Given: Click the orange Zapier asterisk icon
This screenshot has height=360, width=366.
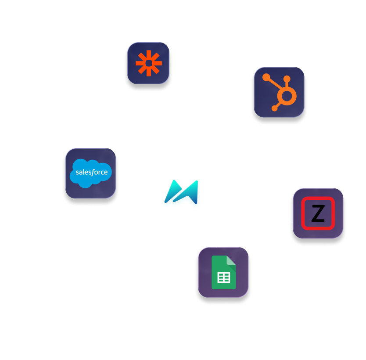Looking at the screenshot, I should click(x=148, y=64).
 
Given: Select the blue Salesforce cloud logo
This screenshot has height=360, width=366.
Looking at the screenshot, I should click(x=90, y=173).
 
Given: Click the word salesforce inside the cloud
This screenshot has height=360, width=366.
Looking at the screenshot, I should click(x=91, y=172).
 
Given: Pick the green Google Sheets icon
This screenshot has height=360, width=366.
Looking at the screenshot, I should click(x=223, y=273).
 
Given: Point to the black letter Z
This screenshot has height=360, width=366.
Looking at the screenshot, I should click(x=318, y=214).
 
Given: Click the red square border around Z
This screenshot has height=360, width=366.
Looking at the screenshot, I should click(x=304, y=214).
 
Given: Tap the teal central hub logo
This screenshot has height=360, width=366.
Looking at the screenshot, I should click(x=181, y=194).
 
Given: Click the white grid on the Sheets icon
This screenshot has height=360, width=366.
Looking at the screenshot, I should click(x=224, y=278).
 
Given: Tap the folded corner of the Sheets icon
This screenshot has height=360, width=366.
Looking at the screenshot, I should click(x=231, y=261).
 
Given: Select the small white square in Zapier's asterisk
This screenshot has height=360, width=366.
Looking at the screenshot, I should click(x=148, y=64).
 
